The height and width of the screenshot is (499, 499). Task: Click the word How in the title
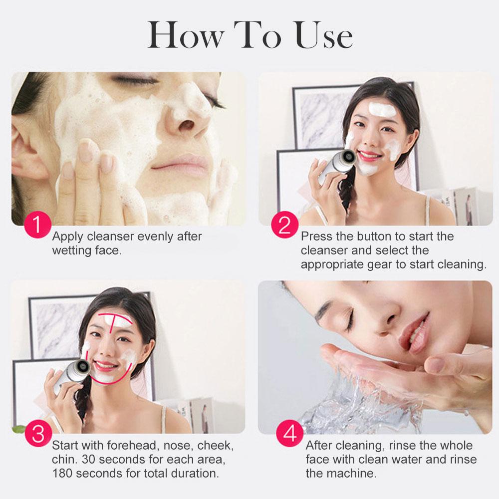click(x=185, y=35)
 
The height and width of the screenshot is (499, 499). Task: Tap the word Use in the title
click(x=323, y=35)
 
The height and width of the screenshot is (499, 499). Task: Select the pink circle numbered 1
click(x=37, y=224)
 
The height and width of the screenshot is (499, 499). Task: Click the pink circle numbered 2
click(x=285, y=225)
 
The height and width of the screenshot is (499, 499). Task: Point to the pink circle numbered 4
click(x=290, y=433)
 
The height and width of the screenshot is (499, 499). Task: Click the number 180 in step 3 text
click(x=62, y=473)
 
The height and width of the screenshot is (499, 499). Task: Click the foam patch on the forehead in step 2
click(x=382, y=109)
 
